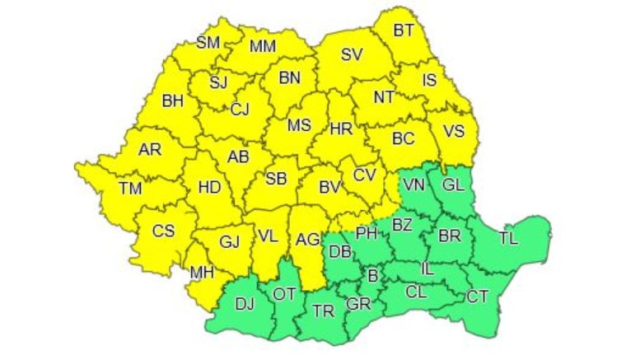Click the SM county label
coord(208,43)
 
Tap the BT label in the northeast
coord(403,31)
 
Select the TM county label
coord(130,188)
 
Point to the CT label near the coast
coord(477,296)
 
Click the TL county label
coord(508,239)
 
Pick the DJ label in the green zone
coord(245,304)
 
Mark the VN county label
coord(414,186)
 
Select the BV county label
coord(329,188)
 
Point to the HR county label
coord(340,129)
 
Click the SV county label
coord(352,56)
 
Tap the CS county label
coord(163,231)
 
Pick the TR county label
coord(323,310)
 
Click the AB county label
coord(238,157)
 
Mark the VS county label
coord(454,131)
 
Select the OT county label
coord(284,293)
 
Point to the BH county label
coord(172,102)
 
